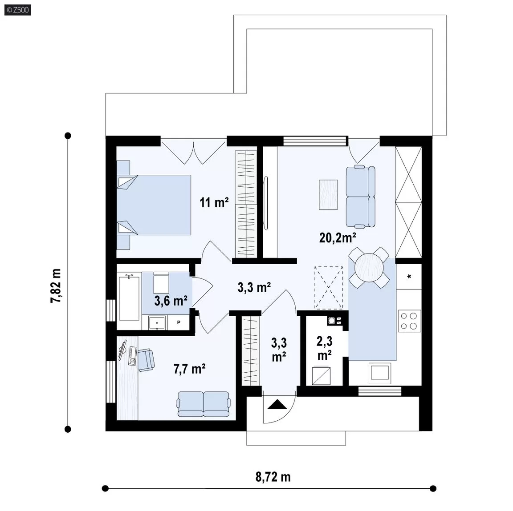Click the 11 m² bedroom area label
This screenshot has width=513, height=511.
click(214, 202)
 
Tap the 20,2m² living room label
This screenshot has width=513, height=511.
click(338, 237)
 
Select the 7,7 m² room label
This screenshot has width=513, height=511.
click(189, 369)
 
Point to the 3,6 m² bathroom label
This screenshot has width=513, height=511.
click(171, 301)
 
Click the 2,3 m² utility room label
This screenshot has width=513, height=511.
click(325, 348)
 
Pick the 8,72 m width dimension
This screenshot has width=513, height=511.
click(273, 477)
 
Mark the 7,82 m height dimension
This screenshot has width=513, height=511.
click(56, 286)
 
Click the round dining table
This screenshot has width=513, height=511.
click(369, 268)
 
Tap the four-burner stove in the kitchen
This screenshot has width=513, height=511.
click(409, 321)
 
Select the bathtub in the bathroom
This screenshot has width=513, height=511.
click(129, 298)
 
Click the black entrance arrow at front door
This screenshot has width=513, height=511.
click(277, 405)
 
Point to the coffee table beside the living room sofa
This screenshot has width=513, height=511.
click(329, 194)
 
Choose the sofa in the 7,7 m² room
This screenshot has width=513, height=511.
click(203, 404)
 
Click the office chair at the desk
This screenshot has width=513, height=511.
click(146, 360)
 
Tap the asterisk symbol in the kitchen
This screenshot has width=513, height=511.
click(409, 277)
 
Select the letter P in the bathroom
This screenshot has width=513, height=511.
click(179, 322)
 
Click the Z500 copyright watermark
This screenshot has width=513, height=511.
click(18, 10)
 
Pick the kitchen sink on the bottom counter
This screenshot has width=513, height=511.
click(379, 373)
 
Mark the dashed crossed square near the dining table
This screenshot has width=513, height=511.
click(329, 287)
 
